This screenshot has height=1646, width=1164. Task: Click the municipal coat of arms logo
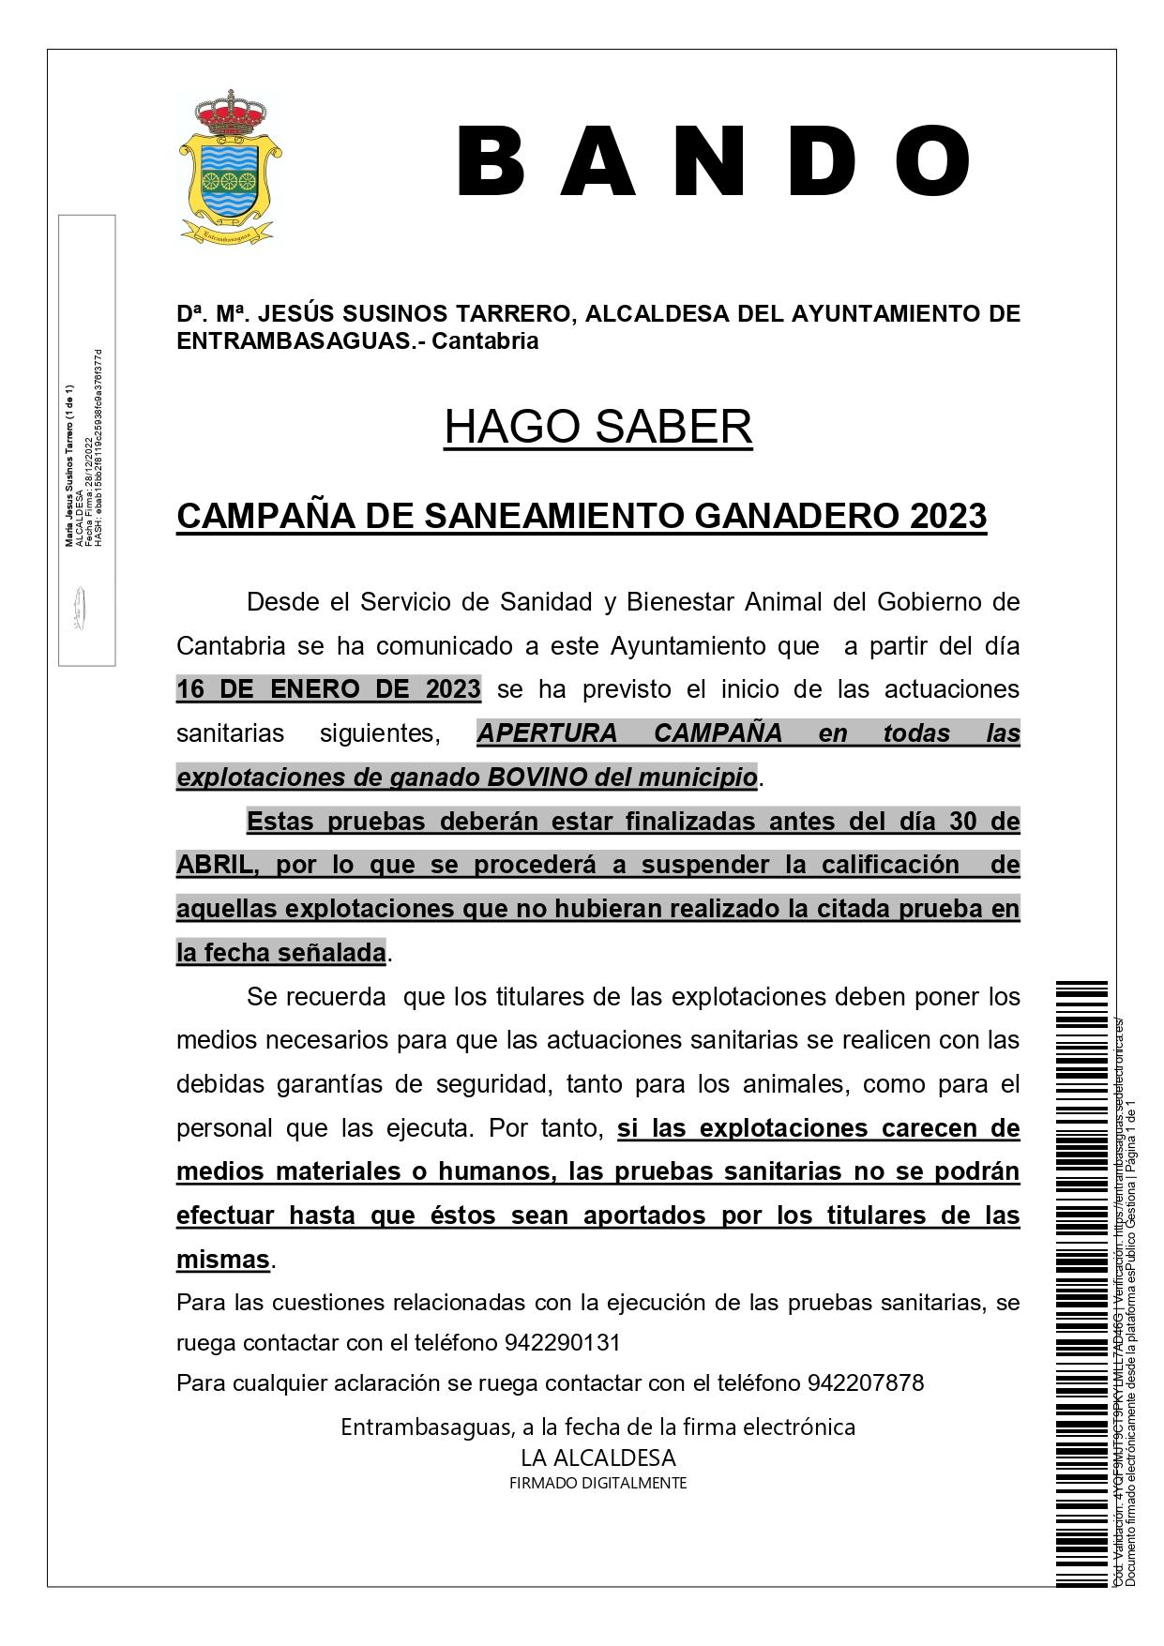point(230,169)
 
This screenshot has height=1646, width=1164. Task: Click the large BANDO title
point(713,162)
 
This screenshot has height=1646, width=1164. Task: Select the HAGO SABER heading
point(597,427)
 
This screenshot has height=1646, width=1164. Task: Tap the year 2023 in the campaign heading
point(947,516)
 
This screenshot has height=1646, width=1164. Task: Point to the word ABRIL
point(217,865)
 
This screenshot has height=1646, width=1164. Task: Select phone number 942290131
point(563,1343)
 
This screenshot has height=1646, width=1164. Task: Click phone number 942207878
point(865,1383)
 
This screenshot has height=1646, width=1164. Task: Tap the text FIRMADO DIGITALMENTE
point(597,1483)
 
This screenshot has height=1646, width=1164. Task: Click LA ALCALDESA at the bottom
point(597,1457)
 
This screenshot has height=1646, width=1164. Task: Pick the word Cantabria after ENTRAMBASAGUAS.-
point(485,340)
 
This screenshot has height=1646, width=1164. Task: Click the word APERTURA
point(547,733)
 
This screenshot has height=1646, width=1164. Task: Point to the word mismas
point(223,1260)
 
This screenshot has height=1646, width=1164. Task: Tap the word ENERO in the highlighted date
point(315,689)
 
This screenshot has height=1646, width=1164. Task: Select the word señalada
point(334,953)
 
